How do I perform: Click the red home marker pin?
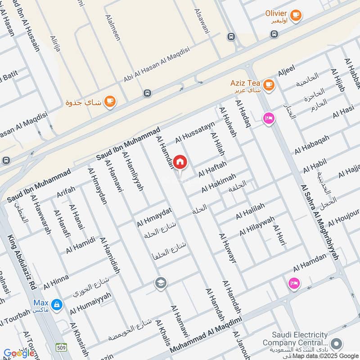click(x=180, y=162)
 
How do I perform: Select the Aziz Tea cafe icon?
click(x=269, y=84)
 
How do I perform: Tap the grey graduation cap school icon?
click(x=160, y=283)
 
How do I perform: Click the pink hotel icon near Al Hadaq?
click(x=269, y=118)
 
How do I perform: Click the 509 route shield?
click(x=62, y=347)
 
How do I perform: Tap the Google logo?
click(x=19, y=353)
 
